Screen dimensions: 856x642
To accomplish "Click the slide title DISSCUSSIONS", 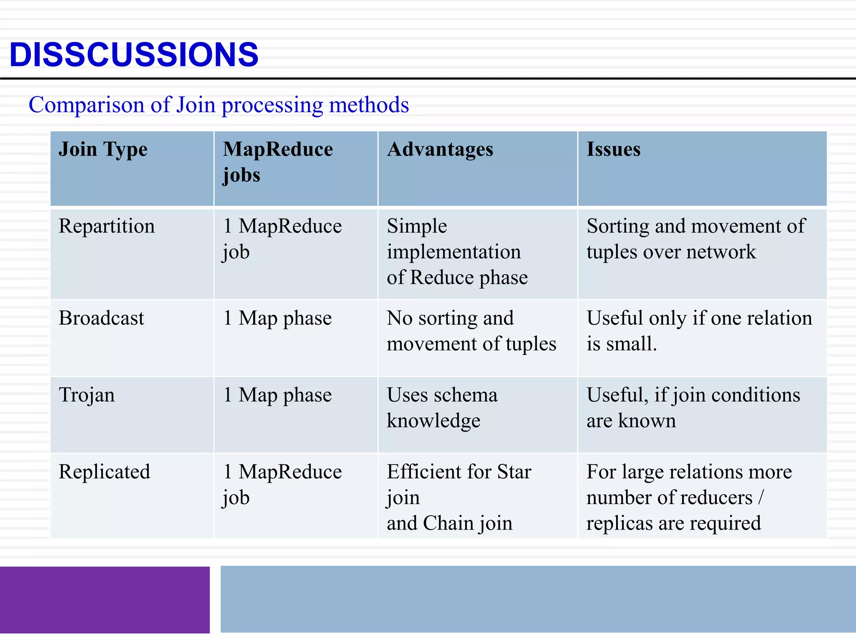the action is pyautogui.click(x=134, y=54).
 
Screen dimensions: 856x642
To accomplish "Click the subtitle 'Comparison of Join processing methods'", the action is pyautogui.click(x=219, y=104).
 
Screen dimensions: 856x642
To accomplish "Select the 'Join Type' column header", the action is pyautogui.click(x=103, y=149).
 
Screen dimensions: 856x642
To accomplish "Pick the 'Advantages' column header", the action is pyautogui.click(x=440, y=149).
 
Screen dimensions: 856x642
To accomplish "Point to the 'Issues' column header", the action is pyautogui.click(x=613, y=149).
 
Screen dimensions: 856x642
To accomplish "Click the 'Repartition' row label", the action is pyautogui.click(x=107, y=226).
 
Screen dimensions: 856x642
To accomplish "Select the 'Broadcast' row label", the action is pyautogui.click(x=102, y=318).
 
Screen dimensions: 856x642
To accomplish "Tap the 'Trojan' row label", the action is pyautogui.click(x=87, y=395).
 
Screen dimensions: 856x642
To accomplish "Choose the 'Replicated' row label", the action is pyautogui.click(x=104, y=472).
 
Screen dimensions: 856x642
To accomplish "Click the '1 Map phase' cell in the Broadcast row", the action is pyautogui.click(x=278, y=318).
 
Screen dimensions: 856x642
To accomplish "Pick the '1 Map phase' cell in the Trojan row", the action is pyautogui.click(x=278, y=395).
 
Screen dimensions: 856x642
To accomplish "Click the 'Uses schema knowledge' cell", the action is pyautogui.click(x=442, y=408).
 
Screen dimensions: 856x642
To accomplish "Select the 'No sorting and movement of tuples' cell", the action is pyautogui.click(x=471, y=331).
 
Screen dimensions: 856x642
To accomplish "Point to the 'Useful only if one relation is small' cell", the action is pyautogui.click(x=699, y=331).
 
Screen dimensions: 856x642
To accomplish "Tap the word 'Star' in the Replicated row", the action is pyautogui.click(x=514, y=472).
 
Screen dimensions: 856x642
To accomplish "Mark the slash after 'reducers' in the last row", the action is pyautogui.click(x=761, y=497).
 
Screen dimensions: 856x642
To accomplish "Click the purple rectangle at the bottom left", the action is pyautogui.click(x=104, y=600).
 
